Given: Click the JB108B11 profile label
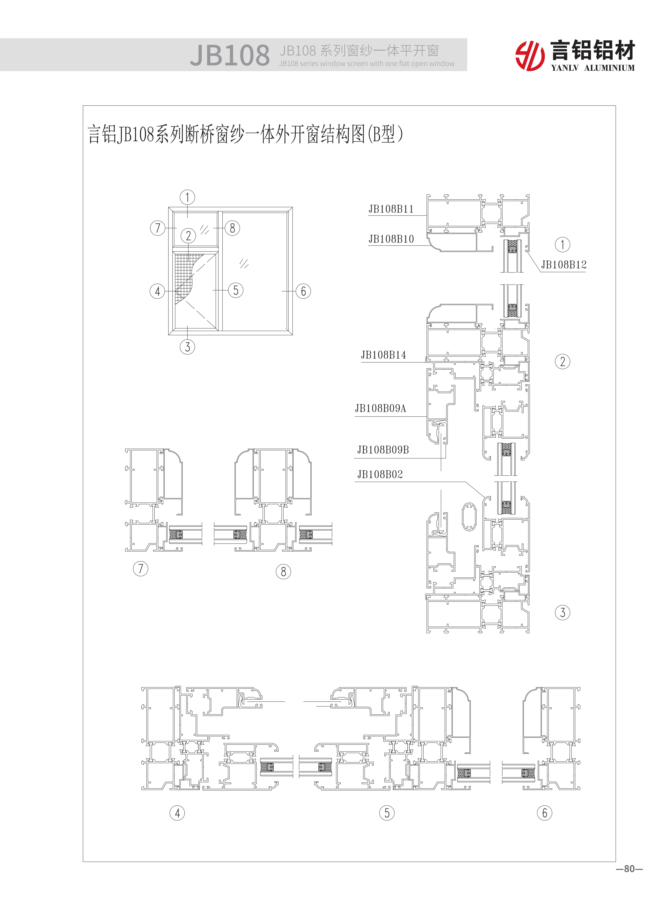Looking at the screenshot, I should [x=391, y=209].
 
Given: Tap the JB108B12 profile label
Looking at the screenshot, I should [x=563, y=265].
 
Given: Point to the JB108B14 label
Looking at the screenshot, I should [x=383, y=355].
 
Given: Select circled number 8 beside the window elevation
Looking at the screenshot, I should [x=232, y=228].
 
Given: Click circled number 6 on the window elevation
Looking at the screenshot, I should [x=303, y=291].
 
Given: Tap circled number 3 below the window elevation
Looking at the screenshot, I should [x=187, y=347].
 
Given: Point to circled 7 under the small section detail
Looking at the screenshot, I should [x=141, y=568].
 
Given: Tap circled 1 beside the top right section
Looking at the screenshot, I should [x=562, y=245].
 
